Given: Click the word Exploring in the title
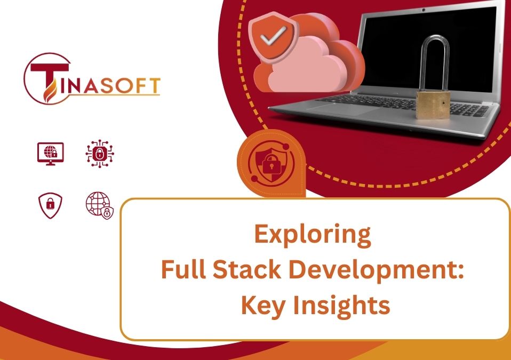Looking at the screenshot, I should coord(312,235).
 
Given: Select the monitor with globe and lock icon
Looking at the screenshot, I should coord(51,154).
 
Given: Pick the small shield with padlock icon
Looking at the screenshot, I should coord(51,205).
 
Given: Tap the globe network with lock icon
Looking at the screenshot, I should coord(100,206).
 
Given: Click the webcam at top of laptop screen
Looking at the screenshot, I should coord(426,9).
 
